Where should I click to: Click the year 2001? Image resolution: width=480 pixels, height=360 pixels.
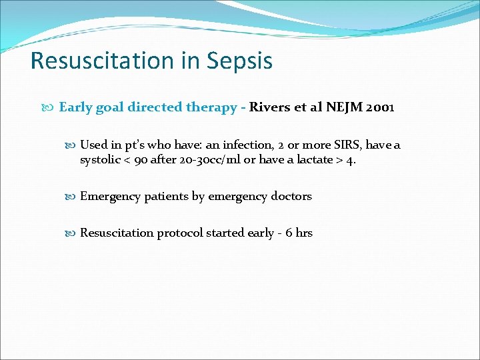[381, 107]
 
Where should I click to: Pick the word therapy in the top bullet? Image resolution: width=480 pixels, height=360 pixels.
[209, 107]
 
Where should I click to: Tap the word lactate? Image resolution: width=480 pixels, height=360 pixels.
[314, 160]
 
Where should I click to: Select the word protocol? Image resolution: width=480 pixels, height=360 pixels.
[179, 233]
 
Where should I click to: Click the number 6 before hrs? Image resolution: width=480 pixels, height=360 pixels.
[289, 233]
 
